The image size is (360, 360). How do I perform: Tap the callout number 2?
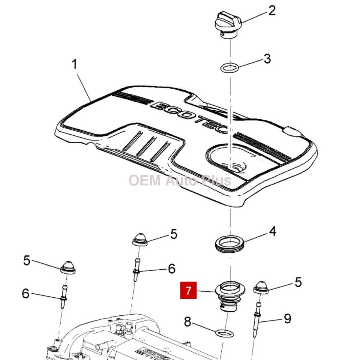(x=271, y=10)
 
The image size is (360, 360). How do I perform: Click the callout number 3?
(x=267, y=59)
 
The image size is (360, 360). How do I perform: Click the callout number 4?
(x=273, y=231)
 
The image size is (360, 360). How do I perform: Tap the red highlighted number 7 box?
(x=188, y=291)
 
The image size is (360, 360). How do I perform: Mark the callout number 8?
(x=187, y=322)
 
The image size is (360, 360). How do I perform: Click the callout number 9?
(x=287, y=319)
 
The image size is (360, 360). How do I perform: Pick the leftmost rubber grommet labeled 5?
(x=68, y=267)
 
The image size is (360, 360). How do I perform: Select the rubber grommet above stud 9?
(x=261, y=287)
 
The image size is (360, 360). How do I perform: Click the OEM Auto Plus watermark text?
(x=180, y=180)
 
